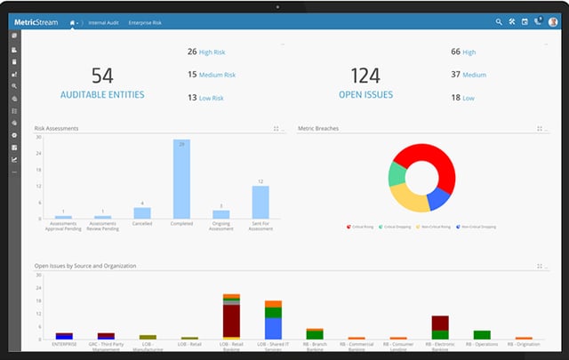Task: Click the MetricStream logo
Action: pyautogui.click(x=36, y=21)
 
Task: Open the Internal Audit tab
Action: pyautogui.click(x=103, y=21)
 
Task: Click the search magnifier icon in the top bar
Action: pyautogui.click(x=498, y=21)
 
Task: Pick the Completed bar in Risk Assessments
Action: pyautogui.click(x=180, y=179)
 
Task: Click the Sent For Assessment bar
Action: pyautogui.click(x=260, y=202)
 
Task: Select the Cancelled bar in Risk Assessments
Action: pyautogui.click(x=141, y=213)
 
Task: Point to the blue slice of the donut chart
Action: pyautogui.click(x=439, y=197)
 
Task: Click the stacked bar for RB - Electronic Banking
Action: pyautogui.click(x=439, y=327)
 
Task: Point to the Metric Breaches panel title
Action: pyautogui.click(x=317, y=129)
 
